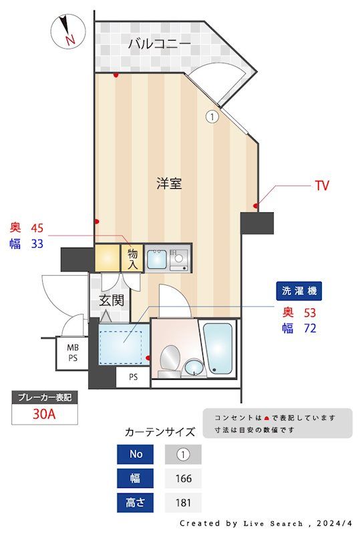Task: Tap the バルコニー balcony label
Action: coord(160,45)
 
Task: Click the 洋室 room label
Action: coord(169,183)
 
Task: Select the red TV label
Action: coord(322,186)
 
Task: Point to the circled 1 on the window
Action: coord(212,117)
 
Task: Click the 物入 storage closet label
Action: coord(132,258)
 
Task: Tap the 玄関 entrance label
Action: coord(112,300)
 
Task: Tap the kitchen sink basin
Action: coord(157,258)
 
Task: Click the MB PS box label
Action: coord(71,352)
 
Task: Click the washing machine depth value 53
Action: coord(309,312)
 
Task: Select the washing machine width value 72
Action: coord(309,328)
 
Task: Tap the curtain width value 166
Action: coord(183,479)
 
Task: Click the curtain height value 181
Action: coord(183,503)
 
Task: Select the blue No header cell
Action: coord(136,455)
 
